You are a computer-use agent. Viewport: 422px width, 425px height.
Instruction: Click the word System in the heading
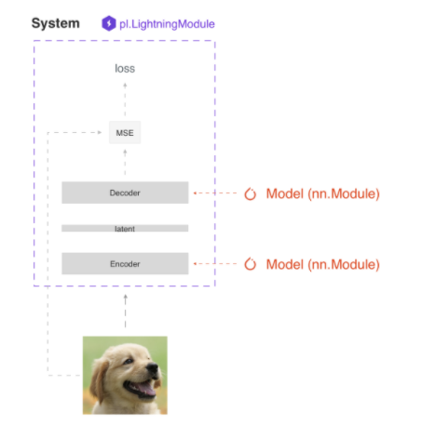(x=56, y=23)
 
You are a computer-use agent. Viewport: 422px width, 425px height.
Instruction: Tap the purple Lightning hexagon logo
(x=109, y=23)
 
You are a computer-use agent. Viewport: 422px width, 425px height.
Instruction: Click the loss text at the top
(x=125, y=69)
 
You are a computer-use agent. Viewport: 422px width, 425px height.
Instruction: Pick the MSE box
(x=125, y=133)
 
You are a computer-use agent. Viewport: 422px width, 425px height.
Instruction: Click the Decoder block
(x=125, y=193)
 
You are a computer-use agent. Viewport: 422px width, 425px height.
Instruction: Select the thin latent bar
(x=125, y=229)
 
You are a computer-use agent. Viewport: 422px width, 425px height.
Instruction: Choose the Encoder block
(x=125, y=264)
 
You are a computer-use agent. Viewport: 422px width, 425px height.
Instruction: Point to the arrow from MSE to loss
(x=125, y=100)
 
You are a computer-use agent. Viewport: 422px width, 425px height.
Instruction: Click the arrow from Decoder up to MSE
(x=125, y=162)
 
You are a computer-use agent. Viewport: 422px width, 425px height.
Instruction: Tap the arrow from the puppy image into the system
(x=126, y=311)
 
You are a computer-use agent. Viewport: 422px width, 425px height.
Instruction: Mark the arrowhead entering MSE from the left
(x=100, y=132)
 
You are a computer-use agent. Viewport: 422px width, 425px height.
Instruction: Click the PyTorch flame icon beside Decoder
(x=251, y=194)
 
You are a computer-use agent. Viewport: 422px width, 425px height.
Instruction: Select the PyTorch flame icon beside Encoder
(x=251, y=264)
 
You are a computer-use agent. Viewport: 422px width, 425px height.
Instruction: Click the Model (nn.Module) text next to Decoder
(x=323, y=194)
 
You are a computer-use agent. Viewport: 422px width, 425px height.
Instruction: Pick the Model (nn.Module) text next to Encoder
(x=323, y=265)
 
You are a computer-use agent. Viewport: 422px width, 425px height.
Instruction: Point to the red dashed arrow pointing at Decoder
(x=215, y=193)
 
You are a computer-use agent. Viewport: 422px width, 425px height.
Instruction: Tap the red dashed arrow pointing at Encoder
(x=215, y=264)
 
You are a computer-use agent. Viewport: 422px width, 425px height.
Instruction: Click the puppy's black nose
(x=153, y=368)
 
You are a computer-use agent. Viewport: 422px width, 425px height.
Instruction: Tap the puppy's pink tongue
(x=146, y=388)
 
